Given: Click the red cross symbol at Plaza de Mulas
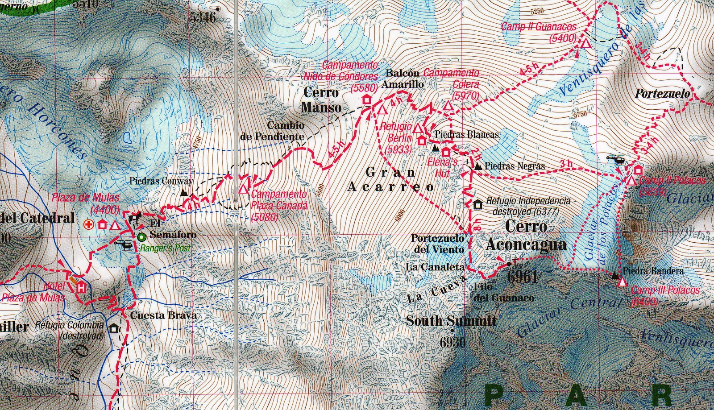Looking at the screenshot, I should (89, 225).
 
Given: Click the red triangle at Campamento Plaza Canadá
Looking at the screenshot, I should (243, 189).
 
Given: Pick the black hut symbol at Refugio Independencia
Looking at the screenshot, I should (477, 205).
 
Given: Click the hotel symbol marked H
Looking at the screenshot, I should (81, 286).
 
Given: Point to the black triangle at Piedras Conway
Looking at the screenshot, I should (184, 193).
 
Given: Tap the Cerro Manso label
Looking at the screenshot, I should (321, 100).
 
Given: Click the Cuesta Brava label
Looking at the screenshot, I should (163, 315).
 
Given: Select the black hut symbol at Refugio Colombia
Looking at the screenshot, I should (114, 329).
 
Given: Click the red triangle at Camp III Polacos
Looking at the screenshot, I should (622, 282).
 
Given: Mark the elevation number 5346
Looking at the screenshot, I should (202, 17).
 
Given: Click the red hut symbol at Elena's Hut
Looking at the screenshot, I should (446, 152).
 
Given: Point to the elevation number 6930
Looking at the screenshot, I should (452, 342).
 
